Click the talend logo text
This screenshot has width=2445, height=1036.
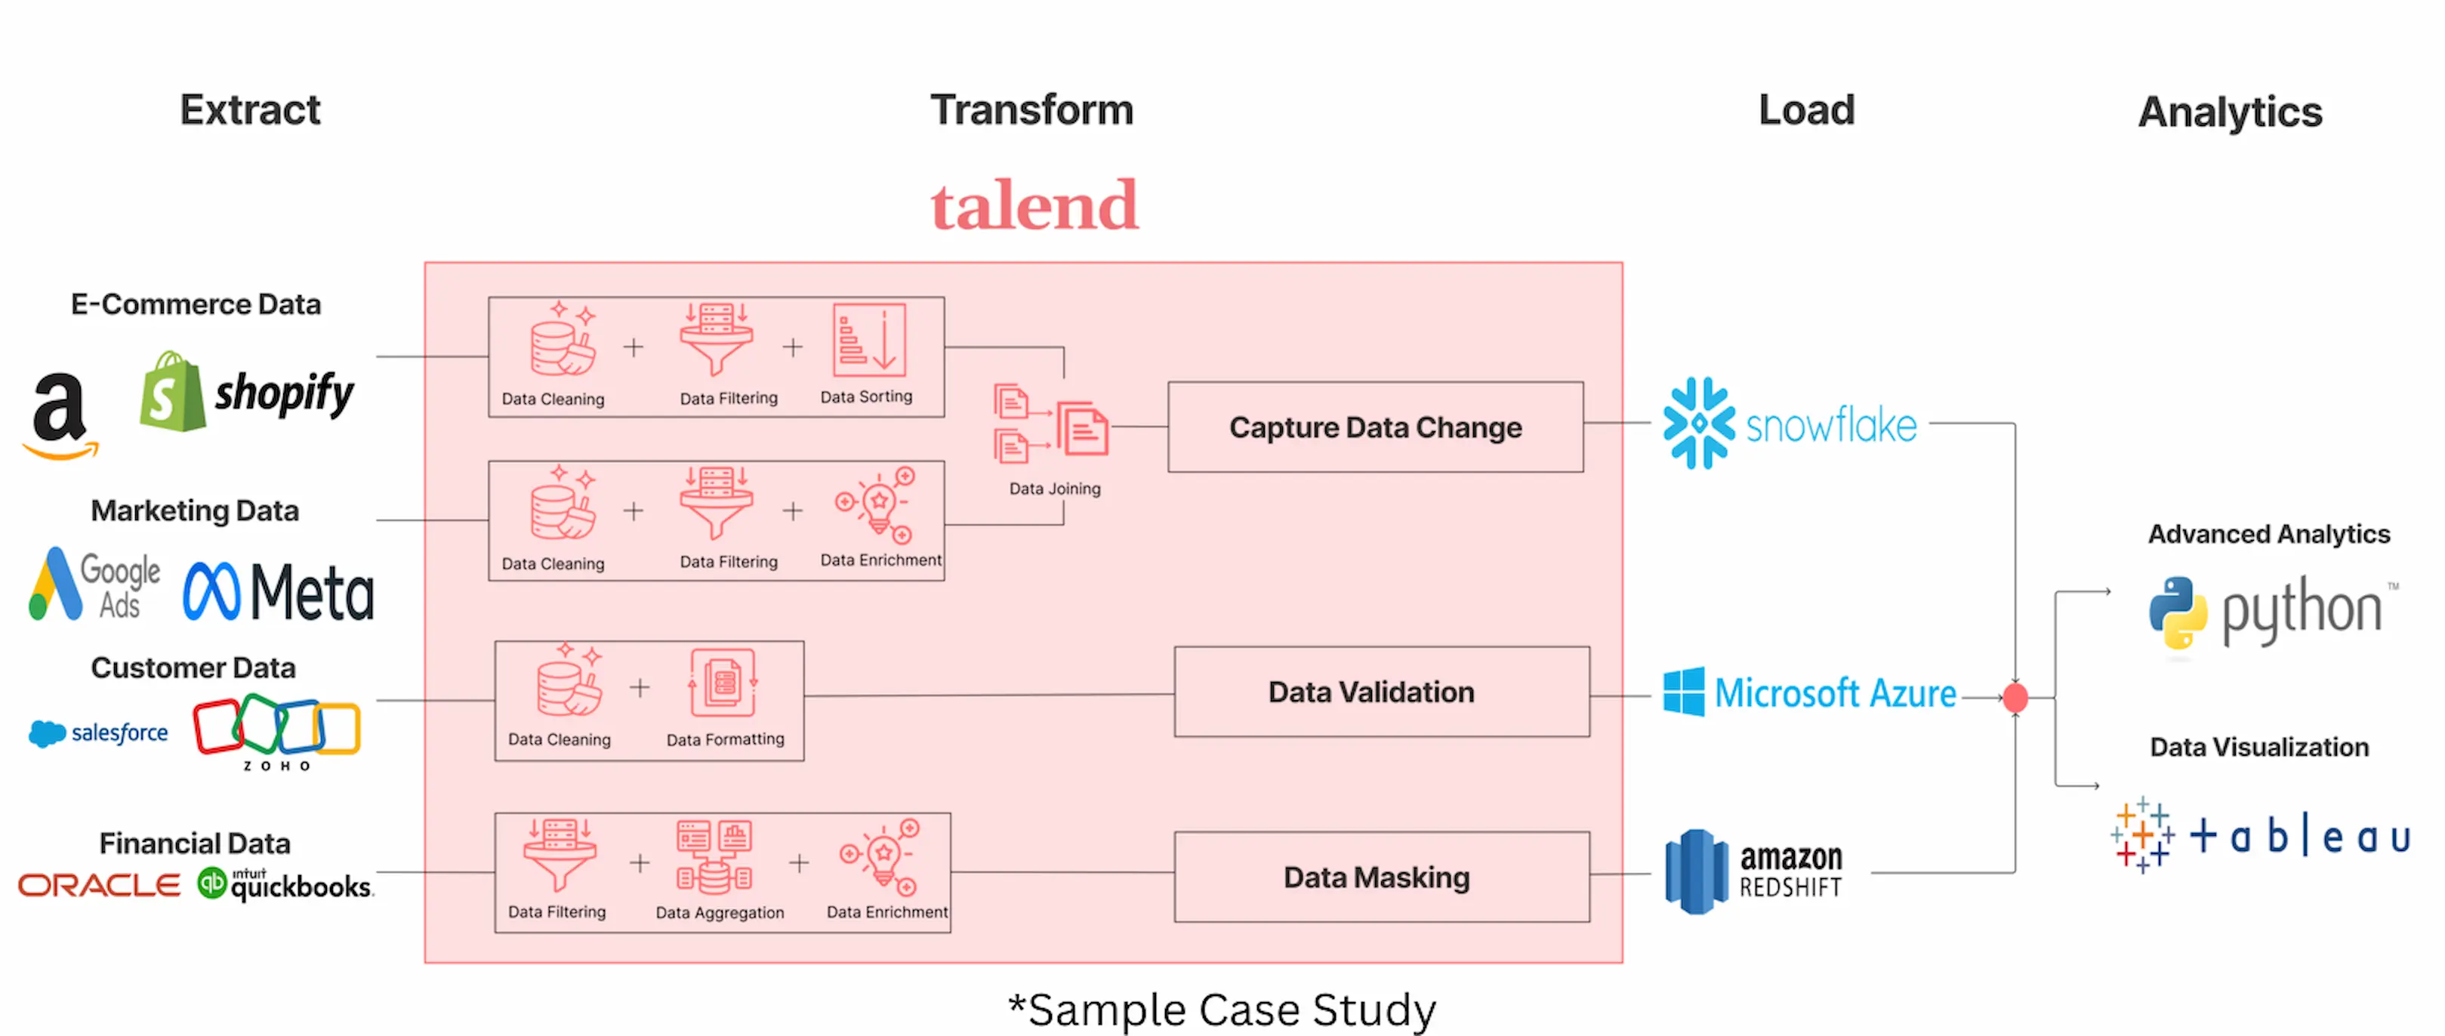click(x=1034, y=206)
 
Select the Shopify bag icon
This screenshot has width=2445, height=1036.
click(x=172, y=392)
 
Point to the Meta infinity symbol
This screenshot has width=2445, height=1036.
click(x=211, y=591)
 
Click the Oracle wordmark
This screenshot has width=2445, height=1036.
click(x=99, y=886)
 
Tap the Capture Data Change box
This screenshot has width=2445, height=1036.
click(x=1374, y=427)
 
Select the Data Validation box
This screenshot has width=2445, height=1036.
click(x=1381, y=692)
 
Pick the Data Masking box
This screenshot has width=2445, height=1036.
click(x=1381, y=877)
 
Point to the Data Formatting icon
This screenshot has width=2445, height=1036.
click(x=723, y=683)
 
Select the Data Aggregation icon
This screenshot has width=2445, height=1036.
click(x=714, y=856)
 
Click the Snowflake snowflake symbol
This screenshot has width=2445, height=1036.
click(x=1698, y=424)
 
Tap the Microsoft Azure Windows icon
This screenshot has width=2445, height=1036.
click(x=1683, y=692)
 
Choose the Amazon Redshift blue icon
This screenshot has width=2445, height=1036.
click(x=1696, y=871)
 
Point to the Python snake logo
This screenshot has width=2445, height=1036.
click(x=2178, y=612)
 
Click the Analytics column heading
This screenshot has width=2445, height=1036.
click(x=2230, y=112)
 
